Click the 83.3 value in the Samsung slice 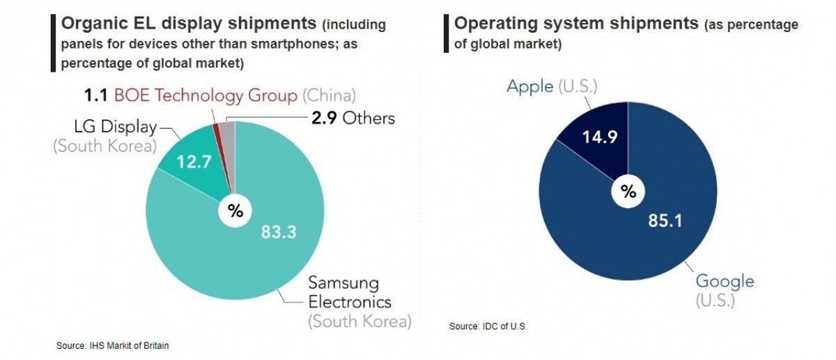[278, 231]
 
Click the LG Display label [114, 128]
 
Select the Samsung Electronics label [350, 293]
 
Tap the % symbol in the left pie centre [235, 212]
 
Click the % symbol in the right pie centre [628, 191]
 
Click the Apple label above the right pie [529, 87]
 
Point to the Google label [725, 281]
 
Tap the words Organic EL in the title [103, 24]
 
